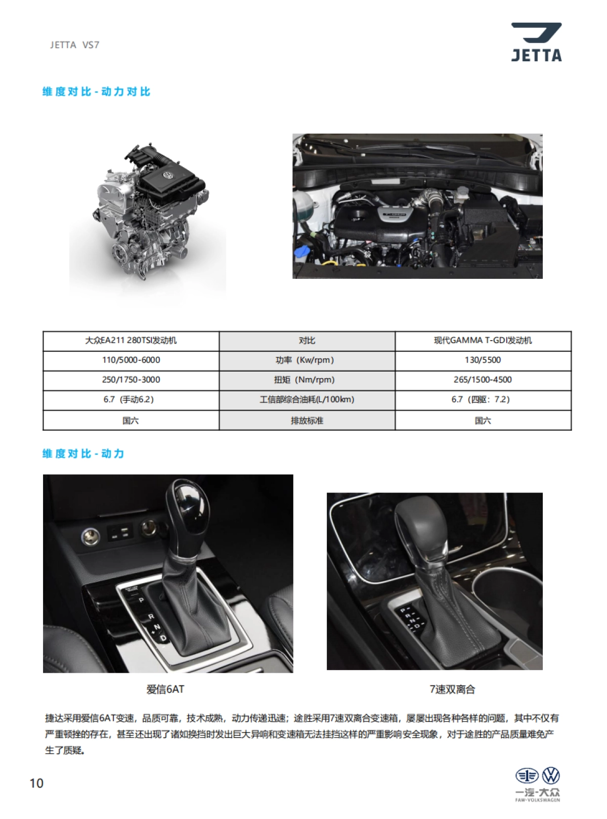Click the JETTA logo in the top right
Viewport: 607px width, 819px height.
[x=536, y=42]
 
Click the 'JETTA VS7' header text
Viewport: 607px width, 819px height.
[x=74, y=45]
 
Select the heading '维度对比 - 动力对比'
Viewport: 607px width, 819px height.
[x=96, y=92]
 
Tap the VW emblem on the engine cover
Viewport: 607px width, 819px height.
[x=167, y=175]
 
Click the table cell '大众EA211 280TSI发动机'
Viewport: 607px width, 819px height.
[x=131, y=340]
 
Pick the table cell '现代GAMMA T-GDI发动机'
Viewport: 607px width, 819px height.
[x=483, y=340]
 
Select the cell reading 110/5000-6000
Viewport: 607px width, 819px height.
[x=131, y=360]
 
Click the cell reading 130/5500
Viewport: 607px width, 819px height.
[x=483, y=360]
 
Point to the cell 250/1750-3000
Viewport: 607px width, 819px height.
[x=131, y=379]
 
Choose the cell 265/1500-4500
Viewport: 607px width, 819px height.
[x=483, y=379]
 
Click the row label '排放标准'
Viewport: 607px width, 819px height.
[x=307, y=420]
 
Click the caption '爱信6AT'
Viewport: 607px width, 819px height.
[x=165, y=689]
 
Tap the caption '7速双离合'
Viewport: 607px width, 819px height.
[x=452, y=689]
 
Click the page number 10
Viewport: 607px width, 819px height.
[x=36, y=783]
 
